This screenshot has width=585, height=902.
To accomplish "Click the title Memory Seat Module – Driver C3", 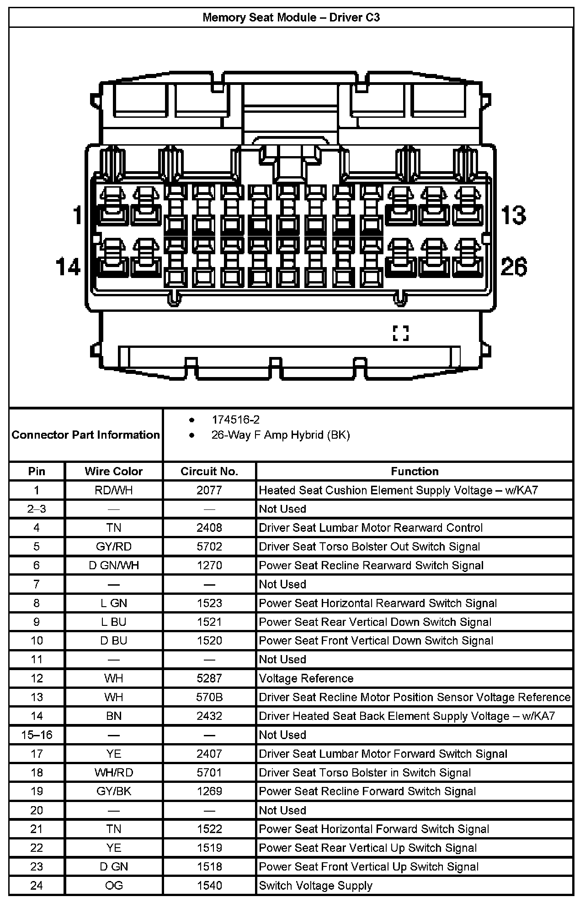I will [291, 18].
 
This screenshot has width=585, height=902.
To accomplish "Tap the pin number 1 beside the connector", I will [78, 215].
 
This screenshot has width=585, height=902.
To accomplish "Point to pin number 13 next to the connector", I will [513, 215].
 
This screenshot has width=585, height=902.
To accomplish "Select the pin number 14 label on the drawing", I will [68, 267].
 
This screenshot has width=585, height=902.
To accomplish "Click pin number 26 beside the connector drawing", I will [514, 267].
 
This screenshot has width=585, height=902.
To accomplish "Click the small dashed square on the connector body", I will [400, 333].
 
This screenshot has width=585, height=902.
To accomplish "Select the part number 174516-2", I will [235, 420].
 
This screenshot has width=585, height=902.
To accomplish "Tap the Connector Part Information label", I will [86, 435].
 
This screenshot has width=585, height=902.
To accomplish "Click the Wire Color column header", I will [114, 471].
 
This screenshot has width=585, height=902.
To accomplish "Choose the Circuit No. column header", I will [209, 471].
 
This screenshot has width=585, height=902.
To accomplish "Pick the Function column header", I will [415, 471].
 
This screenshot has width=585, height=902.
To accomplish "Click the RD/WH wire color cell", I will [114, 490].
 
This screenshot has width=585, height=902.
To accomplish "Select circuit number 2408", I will [209, 528].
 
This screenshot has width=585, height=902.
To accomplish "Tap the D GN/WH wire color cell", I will [114, 566].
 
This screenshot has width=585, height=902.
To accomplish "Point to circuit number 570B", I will [209, 697].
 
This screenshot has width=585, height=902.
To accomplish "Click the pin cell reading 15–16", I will [37, 735].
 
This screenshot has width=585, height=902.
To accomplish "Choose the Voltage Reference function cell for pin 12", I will [306, 678].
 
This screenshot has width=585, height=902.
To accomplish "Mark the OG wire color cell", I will [114, 886].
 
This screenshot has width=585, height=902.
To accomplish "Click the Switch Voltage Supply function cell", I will [316, 886].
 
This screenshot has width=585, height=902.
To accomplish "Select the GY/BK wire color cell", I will [114, 791].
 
